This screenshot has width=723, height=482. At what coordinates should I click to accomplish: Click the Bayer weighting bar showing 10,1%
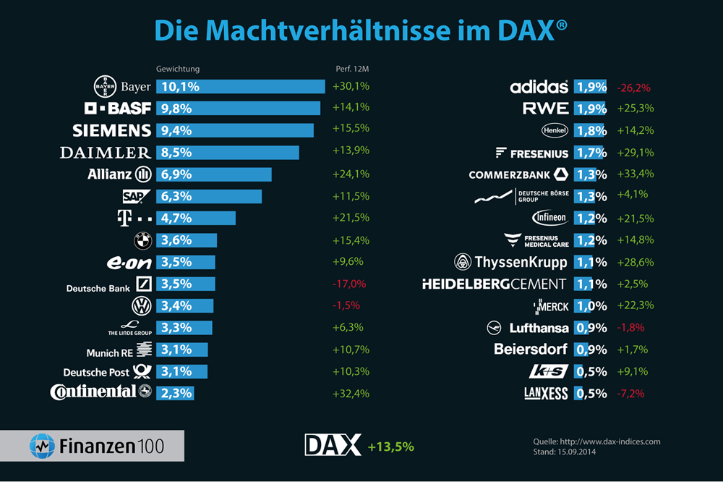[x=240, y=87]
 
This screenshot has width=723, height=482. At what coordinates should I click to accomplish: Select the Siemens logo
[x=112, y=130]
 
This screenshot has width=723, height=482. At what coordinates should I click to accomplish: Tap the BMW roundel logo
[x=142, y=240]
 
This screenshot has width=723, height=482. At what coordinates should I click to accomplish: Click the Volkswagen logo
[x=142, y=305]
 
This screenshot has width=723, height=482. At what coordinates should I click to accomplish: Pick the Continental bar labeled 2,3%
[x=174, y=393]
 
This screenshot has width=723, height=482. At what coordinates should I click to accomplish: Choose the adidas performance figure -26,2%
[x=634, y=88]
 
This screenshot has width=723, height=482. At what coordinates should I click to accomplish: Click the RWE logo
[x=546, y=109]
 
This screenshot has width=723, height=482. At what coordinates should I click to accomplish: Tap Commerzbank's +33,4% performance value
[x=636, y=174]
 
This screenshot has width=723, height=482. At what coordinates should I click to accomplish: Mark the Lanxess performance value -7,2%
[x=631, y=394]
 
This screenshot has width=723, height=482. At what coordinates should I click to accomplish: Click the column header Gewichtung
[x=178, y=69]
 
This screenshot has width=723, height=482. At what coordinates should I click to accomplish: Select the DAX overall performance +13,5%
[x=390, y=447]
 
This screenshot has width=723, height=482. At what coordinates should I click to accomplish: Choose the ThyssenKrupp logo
[x=510, y=262]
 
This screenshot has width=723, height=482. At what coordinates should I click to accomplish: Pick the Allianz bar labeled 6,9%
[x=214, y=174]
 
